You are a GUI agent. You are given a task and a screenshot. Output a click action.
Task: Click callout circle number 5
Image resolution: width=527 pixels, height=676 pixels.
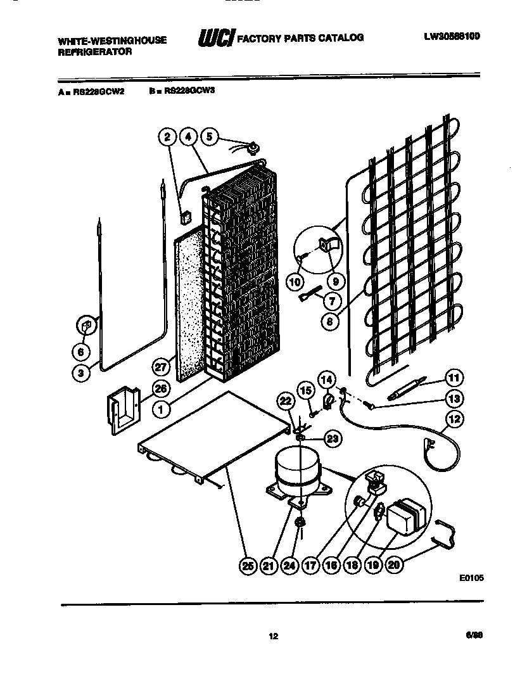(209, 136)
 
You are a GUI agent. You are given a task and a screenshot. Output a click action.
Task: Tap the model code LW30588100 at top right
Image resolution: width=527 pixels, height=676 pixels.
(452, 37)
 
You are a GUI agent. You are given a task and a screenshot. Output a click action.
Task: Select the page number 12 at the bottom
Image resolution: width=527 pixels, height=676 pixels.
(274, 637)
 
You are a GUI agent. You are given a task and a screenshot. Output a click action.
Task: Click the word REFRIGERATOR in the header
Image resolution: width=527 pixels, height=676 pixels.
(95, 52)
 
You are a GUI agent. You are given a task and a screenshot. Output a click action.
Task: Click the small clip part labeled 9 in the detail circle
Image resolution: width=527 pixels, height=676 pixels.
(330, 243)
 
